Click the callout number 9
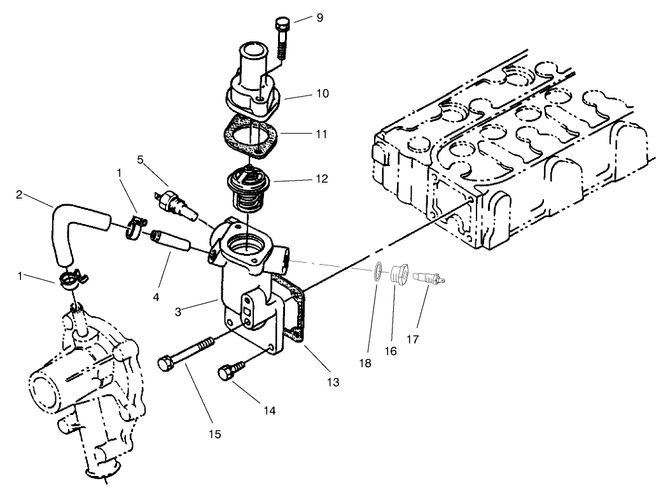coord(319,18)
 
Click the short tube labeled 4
coord(170,244)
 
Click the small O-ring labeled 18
coord(378,272)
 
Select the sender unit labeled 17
coord(429,278)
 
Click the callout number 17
coord(412,339)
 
